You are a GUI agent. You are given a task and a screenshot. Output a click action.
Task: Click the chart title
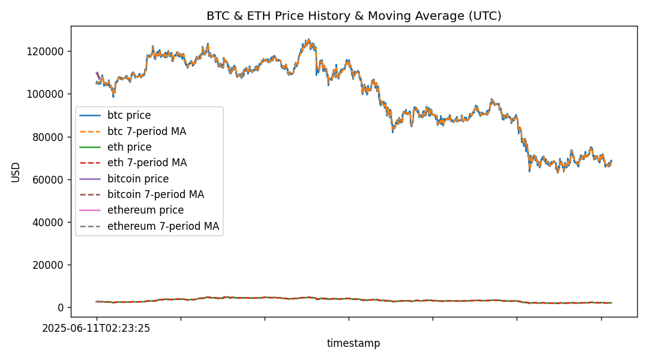point(353,16)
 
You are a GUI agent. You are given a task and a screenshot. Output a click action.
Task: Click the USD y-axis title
point(16,172)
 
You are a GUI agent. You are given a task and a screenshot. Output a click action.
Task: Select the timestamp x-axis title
point(353,343)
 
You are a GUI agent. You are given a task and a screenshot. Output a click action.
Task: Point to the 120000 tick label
point(46,52)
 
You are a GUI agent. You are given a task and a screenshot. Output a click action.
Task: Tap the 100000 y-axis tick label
point(46,94)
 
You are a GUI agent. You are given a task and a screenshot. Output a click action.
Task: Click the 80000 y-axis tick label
point(48,137)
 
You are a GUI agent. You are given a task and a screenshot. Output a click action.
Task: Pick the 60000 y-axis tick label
point(48,179)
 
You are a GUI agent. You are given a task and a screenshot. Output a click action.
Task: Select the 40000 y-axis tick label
point(48,222)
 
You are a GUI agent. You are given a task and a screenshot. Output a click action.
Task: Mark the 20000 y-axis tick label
point(48,265)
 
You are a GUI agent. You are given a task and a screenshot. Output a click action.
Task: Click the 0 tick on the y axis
point(61,308)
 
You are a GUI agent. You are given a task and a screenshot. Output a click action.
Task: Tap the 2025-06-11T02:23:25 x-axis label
point(96,328)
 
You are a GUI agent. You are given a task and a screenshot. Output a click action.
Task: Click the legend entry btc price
point(129,115)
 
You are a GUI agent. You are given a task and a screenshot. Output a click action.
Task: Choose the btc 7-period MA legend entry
point(146,131)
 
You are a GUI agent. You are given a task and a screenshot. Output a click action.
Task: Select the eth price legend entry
point(129,147)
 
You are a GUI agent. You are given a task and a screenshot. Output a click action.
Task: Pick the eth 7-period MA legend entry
point(147,163)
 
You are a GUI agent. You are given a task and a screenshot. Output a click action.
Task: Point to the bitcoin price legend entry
point(138,179)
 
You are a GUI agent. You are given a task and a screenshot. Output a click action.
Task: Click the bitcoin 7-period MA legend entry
point(155,194)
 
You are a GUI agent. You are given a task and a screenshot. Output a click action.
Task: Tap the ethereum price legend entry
point(145,210)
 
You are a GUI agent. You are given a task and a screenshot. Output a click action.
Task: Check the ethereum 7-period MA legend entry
point(163,226)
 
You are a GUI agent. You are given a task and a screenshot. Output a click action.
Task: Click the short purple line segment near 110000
point(98,76)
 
